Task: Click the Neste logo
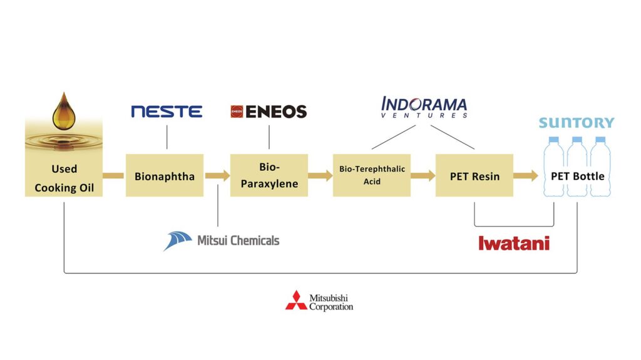[167, 112]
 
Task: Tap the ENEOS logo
[269, 112]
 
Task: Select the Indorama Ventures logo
[424, 107]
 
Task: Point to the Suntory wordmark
[577, 123]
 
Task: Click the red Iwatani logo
[514, 243]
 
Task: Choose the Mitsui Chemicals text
[238, 240]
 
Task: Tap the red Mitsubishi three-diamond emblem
[296, 301]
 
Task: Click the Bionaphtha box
[165, 176]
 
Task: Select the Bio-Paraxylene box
[269, 176]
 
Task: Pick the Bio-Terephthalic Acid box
[372, 175]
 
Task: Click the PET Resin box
[474, 176]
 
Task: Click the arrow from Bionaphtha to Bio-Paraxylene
[217, 176]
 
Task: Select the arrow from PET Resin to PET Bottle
[526, 176]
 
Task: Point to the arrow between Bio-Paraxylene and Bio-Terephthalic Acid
[320, 176]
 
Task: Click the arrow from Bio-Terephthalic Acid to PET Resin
[423, 176]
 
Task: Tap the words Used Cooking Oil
[64, 178]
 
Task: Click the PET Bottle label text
[577, 176]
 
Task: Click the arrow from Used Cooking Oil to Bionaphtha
[113, 176]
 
